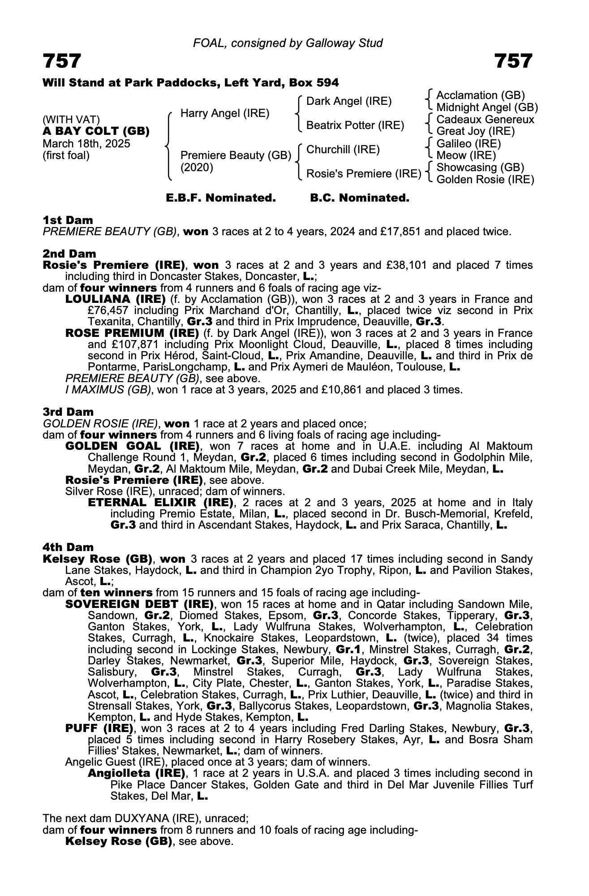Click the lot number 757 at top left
click(x=62, y=61)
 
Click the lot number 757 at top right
click(x=513, y=61)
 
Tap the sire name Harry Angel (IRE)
click(x=225, y=113)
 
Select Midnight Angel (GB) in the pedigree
click(x=487, y=108)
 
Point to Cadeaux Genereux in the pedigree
click(x=485, y=120)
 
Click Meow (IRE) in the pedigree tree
click(x=466, y=155)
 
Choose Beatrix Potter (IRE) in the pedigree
click(x=355, y=125)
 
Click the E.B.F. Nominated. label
click(x=221, y=198)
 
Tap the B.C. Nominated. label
click(x=360, y=198)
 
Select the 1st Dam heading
click(x=68, y=220)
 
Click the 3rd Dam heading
click(x=68, y=412)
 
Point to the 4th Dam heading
click(x=68, y=547)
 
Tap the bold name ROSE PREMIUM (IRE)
click(x=132, y=333)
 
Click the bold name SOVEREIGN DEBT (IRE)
click(x=139, y=604)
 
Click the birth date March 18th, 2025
click(x=86, y=144)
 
